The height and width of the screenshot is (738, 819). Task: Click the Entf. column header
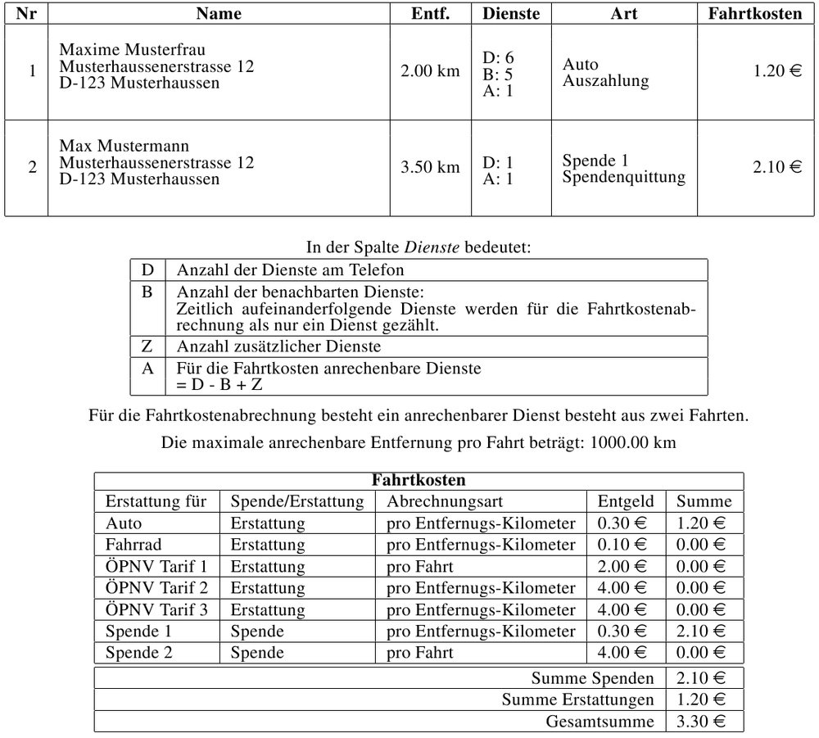(430, 14)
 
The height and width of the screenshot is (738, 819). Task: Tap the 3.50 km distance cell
(430, 168)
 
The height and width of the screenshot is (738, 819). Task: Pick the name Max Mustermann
(124, 147)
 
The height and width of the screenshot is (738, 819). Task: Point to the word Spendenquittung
(624, 177)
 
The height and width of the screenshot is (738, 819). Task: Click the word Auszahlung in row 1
(605, 81)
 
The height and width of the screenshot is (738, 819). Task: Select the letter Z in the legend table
(147, 346)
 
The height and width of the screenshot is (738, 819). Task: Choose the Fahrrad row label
(133, 545)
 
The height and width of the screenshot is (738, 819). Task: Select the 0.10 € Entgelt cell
(622, 545)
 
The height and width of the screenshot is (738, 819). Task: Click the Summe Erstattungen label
(577, 700)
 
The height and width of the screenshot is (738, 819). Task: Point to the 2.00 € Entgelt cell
(622, 566)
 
